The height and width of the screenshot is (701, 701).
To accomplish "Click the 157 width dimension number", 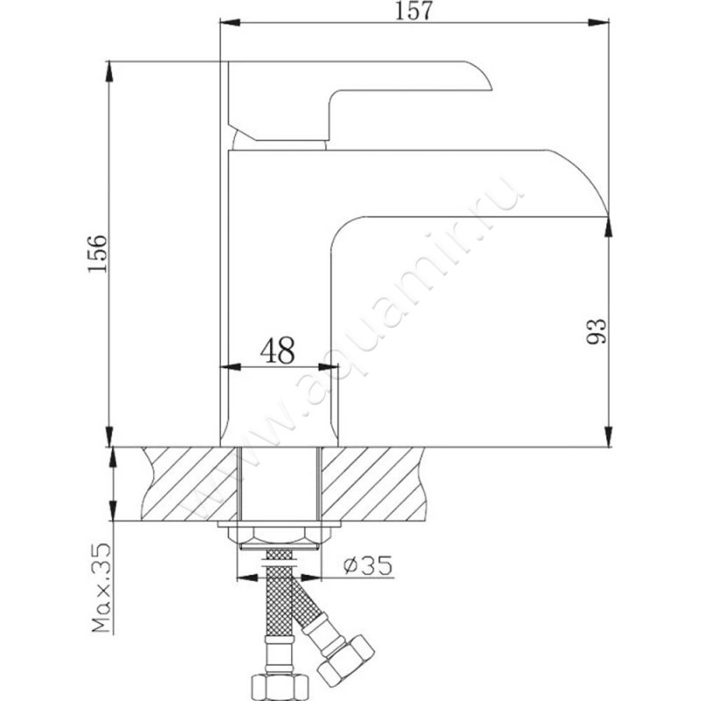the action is click(414, 11).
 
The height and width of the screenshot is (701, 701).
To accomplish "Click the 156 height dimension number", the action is click(97, 253).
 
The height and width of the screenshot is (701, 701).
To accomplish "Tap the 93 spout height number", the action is click(597, 331).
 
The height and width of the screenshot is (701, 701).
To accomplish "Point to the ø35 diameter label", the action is click(367, 564).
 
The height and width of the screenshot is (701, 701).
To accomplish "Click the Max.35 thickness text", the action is click(101, 588).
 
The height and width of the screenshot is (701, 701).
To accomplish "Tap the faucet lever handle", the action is click(358, 101).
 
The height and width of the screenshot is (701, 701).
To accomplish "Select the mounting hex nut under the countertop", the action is click(279, 534).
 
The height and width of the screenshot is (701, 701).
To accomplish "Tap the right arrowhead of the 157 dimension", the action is click(598, 23).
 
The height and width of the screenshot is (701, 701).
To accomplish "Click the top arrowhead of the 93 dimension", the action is click(608, 228).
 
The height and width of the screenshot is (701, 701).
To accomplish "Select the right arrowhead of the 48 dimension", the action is click(328, 367).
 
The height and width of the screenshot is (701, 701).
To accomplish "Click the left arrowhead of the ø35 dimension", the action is click(247, 578).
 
